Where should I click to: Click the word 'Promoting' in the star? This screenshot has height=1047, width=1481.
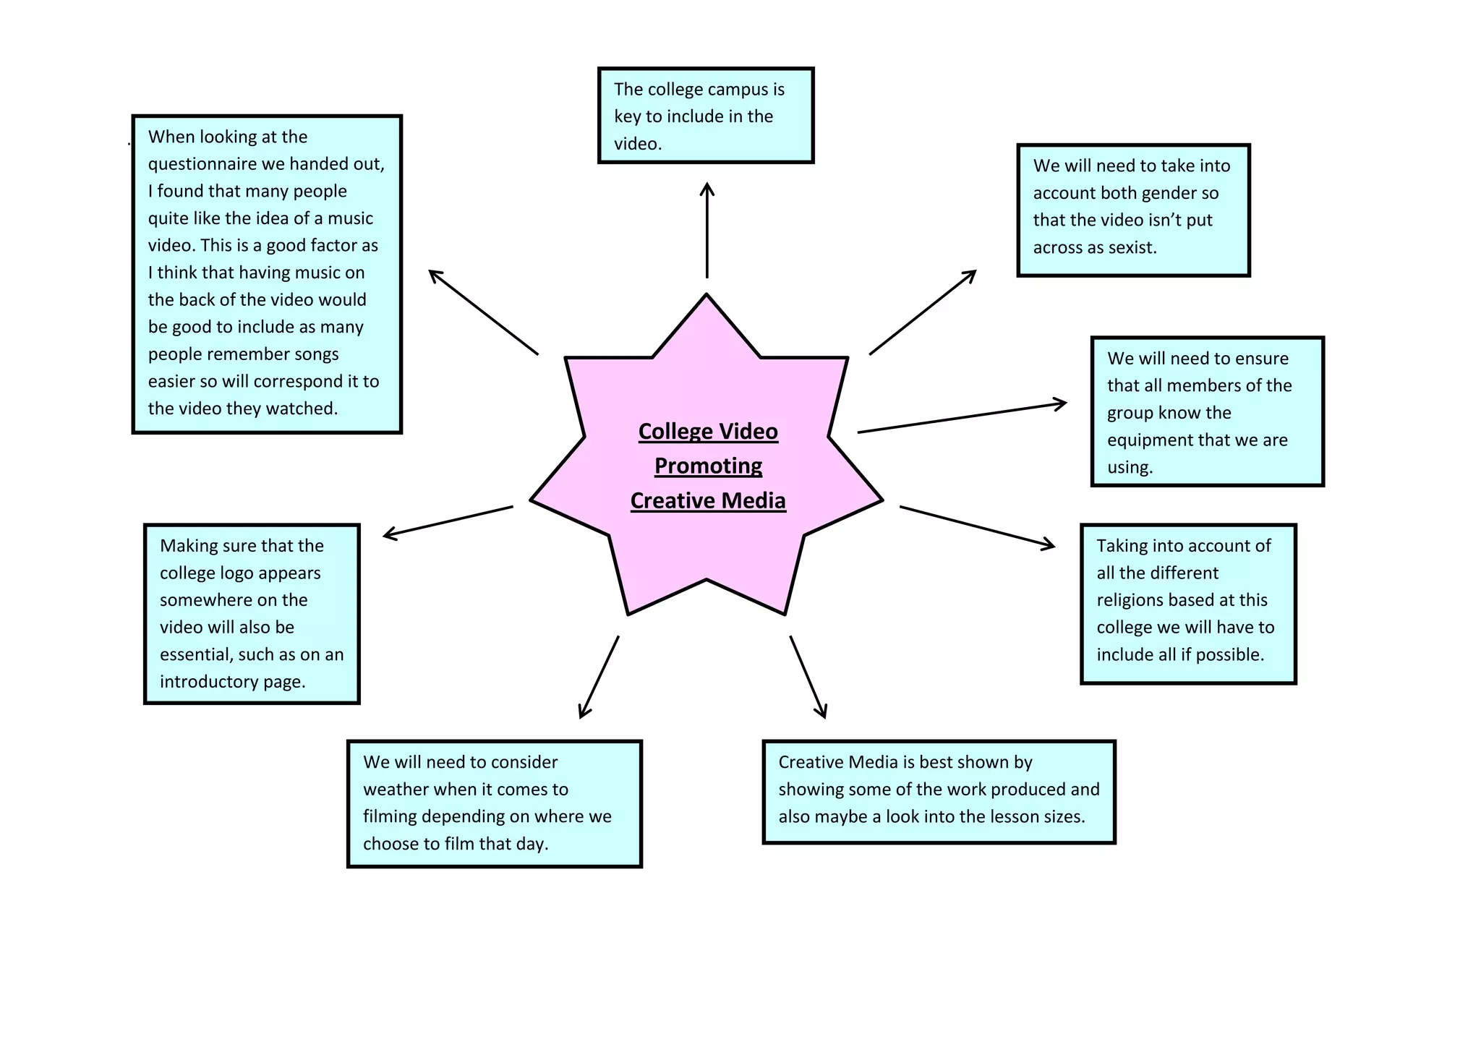[x=708, y=466]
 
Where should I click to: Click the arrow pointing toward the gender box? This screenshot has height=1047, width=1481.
[x=923, y=312]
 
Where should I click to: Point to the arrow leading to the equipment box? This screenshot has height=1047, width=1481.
[x=962, y=417]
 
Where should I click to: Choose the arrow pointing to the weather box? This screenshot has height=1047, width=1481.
[x=599, y=677]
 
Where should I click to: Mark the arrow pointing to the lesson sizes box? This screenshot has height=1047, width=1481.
[x=808, y=677]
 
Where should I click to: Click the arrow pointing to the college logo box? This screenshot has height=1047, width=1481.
[x=448, y=521]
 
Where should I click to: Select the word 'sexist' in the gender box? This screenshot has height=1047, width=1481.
[x=1130, y=247]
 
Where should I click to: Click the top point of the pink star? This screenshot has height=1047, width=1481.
[x=707, y=296]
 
